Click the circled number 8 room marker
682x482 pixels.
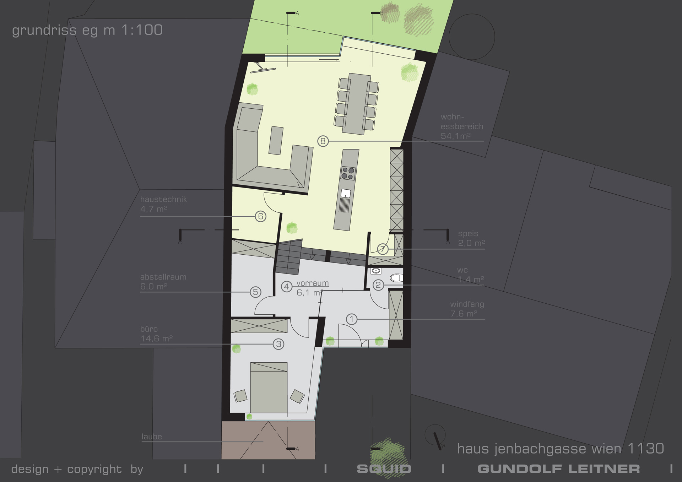(323, 141)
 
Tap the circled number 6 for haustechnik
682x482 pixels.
(261, 216)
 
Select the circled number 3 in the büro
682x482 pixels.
(278, 344)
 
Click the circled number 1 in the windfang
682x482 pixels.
(352, 319)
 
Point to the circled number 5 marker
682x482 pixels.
(255, 292)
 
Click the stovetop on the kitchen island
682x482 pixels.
(348, 173)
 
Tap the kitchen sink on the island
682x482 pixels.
(346, 194)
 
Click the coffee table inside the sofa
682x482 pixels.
(276, 140)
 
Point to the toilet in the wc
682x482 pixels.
(396, 278)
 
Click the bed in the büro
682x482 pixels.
(269, 388)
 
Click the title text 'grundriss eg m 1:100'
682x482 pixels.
(87, 30)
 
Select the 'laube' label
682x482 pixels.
(152, 437)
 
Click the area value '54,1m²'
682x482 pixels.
(456, 136)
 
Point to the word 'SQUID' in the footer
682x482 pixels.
(384, 469)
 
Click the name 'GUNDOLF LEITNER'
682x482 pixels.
(559, 469)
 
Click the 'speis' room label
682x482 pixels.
(468, 234)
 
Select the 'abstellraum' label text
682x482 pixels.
(163, 277)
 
